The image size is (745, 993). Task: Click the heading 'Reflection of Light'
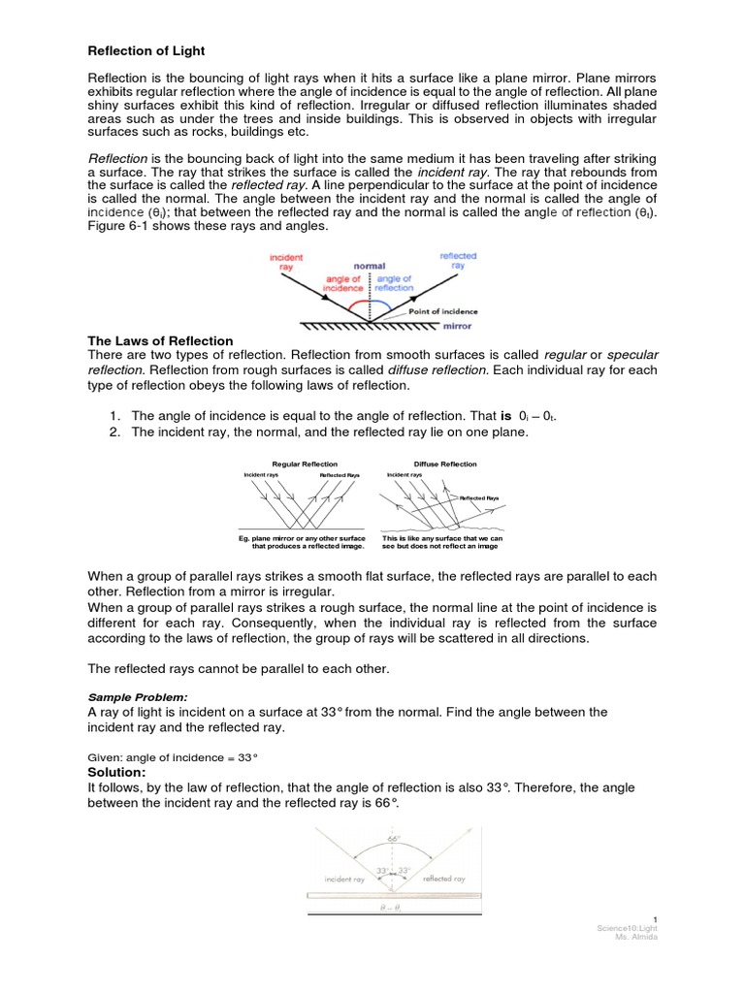pyautogui.click(x=146, y=50)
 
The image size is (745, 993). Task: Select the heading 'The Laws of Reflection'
pyautogui.click(x=161, y=340)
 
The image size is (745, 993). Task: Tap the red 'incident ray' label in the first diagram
pyautogui.click(x=285, y=263)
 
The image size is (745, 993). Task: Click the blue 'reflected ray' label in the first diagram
pyautogui.click(x=458, y=261)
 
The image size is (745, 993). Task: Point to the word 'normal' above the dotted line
pyautogui.click(x=369, y=266)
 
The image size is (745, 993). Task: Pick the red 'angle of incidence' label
pyautogui.click(x=343, y=284)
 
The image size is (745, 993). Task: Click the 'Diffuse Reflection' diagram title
pyautogui.click(x=445, y=464)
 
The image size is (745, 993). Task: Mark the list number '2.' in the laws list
pyautogui.click(x=114, y=432)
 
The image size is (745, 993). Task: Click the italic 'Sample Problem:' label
pyautogui.click(x=133, y=696)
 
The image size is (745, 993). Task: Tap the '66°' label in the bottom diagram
pyautogui.click(x=394, y=837)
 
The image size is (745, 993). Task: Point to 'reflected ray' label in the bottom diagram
pyautogui.click(x=444, y=879)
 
